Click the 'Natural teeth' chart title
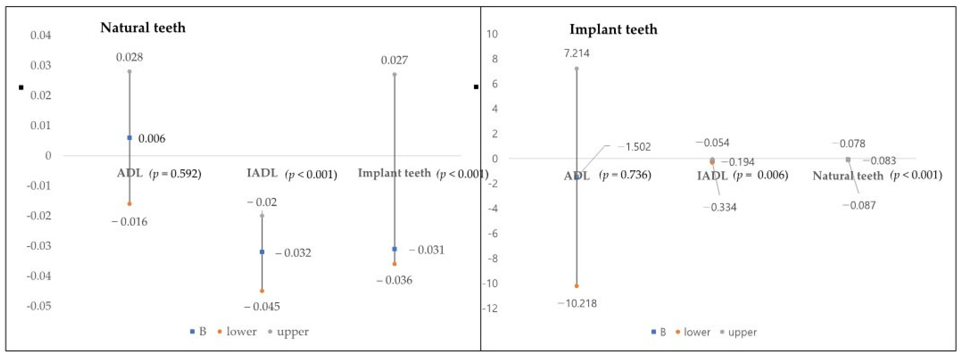click(x=143, y=28)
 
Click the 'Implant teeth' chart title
click(x=613, y=29)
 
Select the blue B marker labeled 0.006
click(x=130, y=138)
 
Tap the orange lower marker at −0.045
click(x=262, y=291)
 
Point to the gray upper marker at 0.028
click(x=130, y=71)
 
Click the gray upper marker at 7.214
click(x=577, y=68)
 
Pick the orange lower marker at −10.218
click(x=577, y=286)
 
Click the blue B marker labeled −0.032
click(x=262, y=252)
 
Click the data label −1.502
click(x=634, y=147)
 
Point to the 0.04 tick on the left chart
click(x=40, y=35)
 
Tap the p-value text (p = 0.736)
click(x=625, y=175)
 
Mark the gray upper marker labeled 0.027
click(x=394, y=74)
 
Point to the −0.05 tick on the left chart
click(x=39, y=306)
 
